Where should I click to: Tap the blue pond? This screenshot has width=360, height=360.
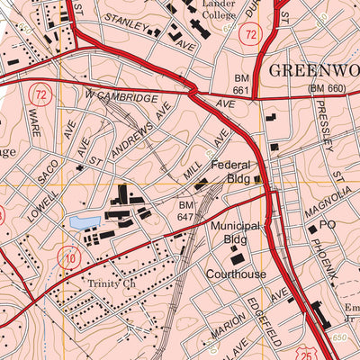coord(79,222)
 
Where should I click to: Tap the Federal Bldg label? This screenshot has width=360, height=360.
coord(233,172)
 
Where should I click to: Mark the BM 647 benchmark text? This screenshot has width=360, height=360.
coord(185,211)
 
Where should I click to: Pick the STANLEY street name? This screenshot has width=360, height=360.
coord(124,19)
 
